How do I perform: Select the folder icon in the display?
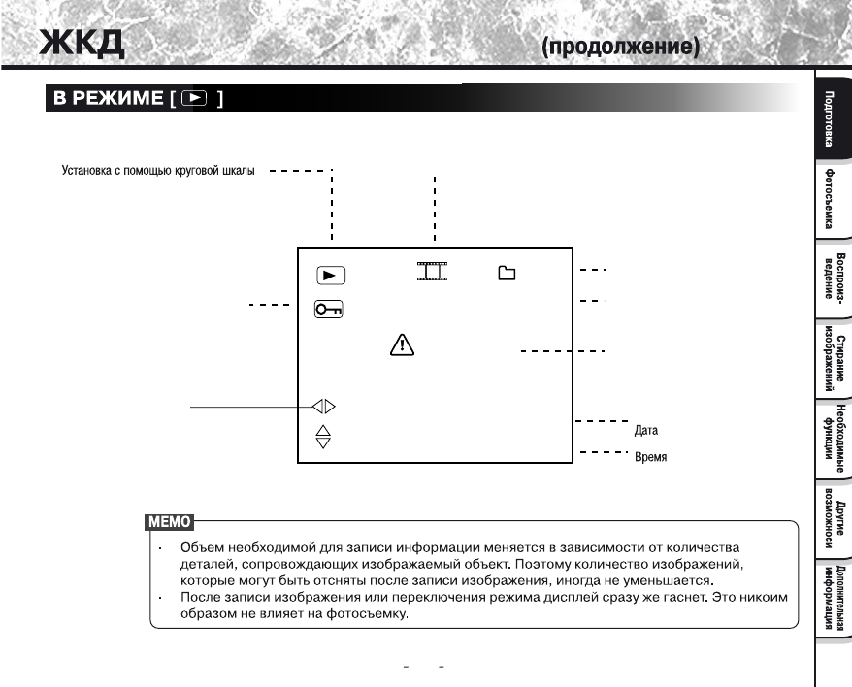(x=506, y=273)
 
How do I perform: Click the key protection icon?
(x=329, y=310)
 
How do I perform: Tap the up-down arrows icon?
(x=324, y=437)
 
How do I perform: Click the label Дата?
(x=646, y=428)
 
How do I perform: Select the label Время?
(x=650, y=457)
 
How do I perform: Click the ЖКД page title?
(x=82, y=44)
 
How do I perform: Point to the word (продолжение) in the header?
(x=621, y=46)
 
